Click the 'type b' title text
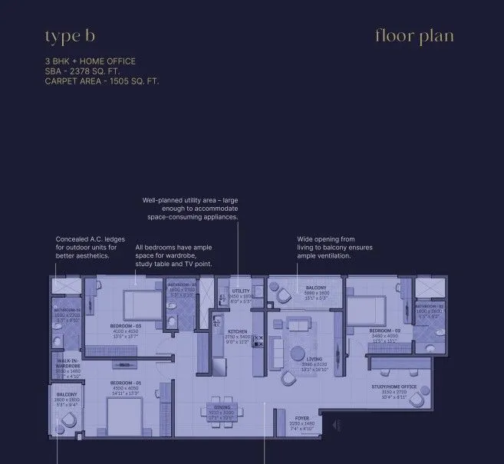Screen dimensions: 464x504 click(x=70, y=36)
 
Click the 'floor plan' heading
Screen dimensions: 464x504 click(x=414, y=36)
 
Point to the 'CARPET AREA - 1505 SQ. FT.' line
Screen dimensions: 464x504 click(x=102, y=80)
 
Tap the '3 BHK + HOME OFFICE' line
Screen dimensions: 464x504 click(x=90, y=61)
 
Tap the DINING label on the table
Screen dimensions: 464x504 click(x=221, y=407)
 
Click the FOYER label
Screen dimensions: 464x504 click(x=303, y=418)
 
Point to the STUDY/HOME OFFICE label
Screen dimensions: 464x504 click(x=394, y=387)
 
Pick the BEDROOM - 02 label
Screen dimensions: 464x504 click(x=386, y=331)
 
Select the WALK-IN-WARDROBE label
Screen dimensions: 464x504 click(x=68, y=364)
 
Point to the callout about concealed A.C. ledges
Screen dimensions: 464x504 click(x=90, y=248)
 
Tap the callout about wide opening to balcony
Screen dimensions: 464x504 click(x=326, y=248)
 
